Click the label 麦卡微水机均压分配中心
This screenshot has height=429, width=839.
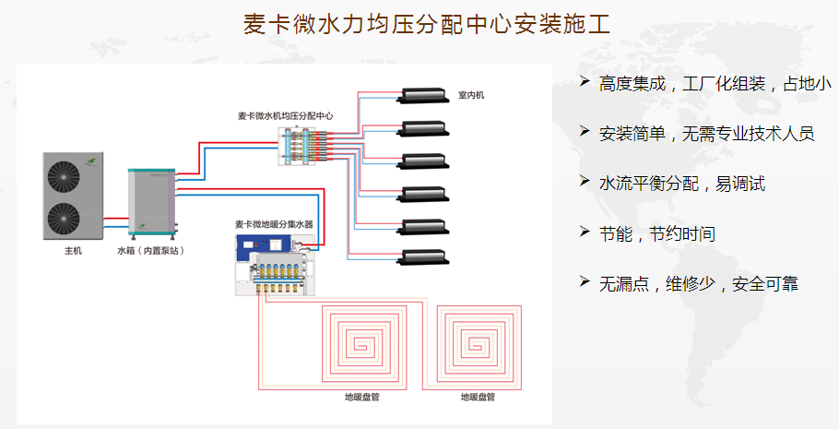[285, 115]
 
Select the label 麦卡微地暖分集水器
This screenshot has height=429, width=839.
[274, 224]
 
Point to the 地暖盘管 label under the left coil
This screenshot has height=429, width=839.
[361, 398]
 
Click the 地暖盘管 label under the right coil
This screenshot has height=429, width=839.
[478, 398]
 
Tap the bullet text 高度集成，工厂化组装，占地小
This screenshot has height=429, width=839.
[715, 84]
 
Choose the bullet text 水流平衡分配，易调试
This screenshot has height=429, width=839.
[682, 184]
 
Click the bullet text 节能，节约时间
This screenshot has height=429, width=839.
[656, 233]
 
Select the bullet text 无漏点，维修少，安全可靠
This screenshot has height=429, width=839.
[699, 283]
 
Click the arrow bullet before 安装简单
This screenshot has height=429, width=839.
[584, 132]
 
